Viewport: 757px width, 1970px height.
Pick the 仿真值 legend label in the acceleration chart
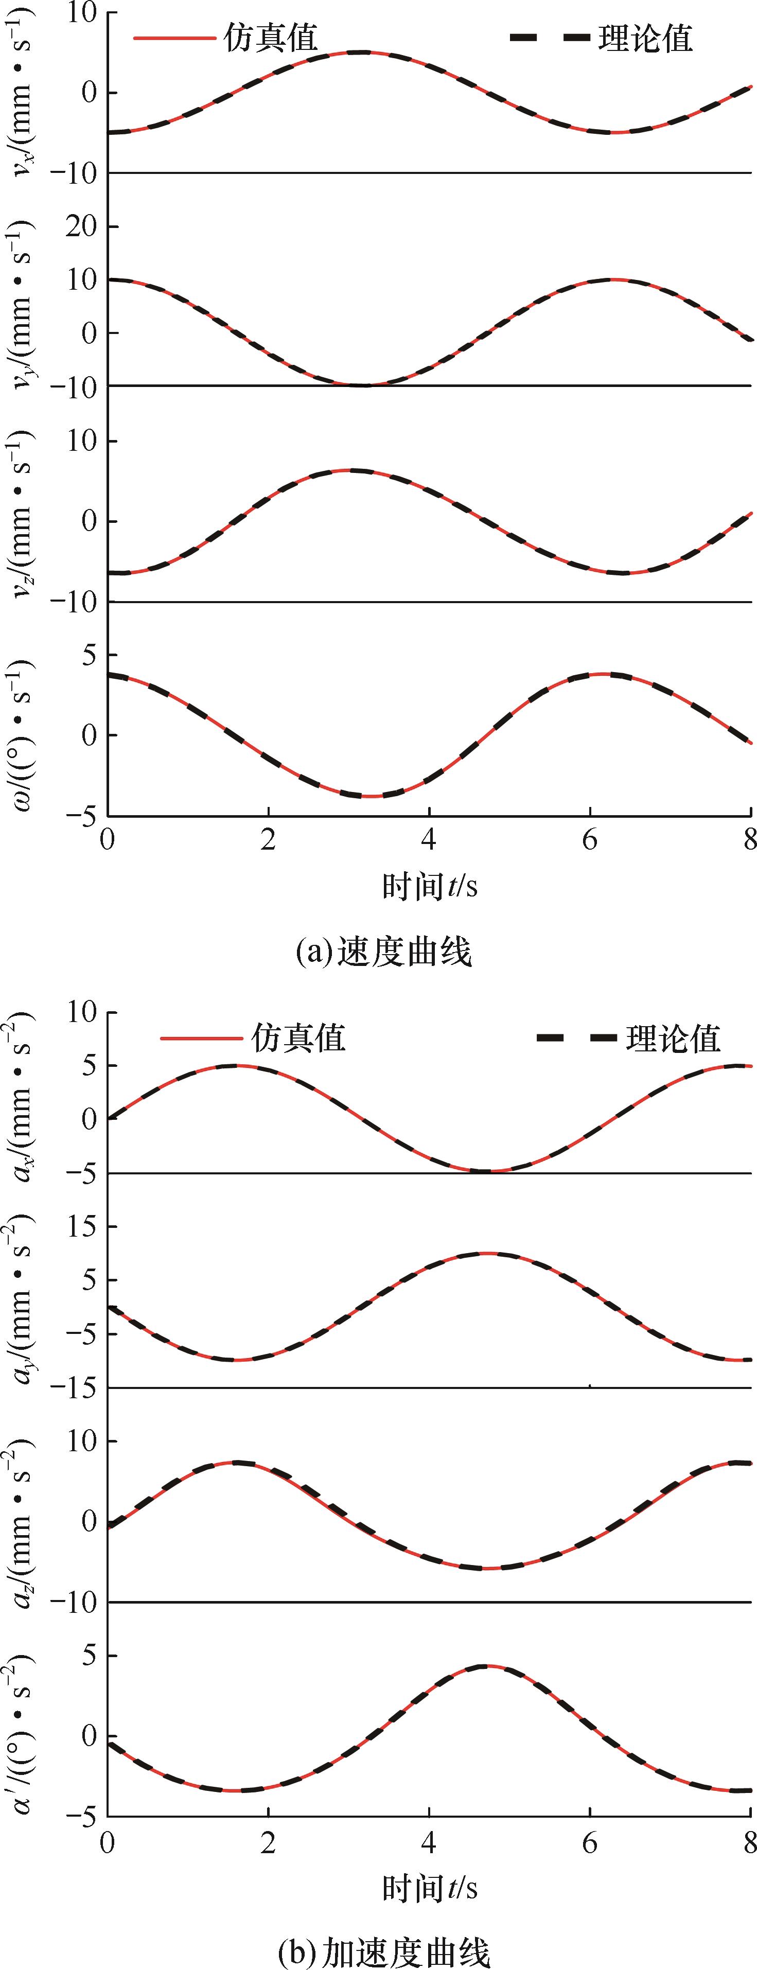(298, 1038)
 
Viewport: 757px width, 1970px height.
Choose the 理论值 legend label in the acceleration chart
(674, 1038)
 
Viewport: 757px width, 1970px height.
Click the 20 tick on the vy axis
(81, 227)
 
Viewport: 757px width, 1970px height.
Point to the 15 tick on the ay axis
(81, 1226)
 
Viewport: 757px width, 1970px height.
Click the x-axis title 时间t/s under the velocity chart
(430, 886)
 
